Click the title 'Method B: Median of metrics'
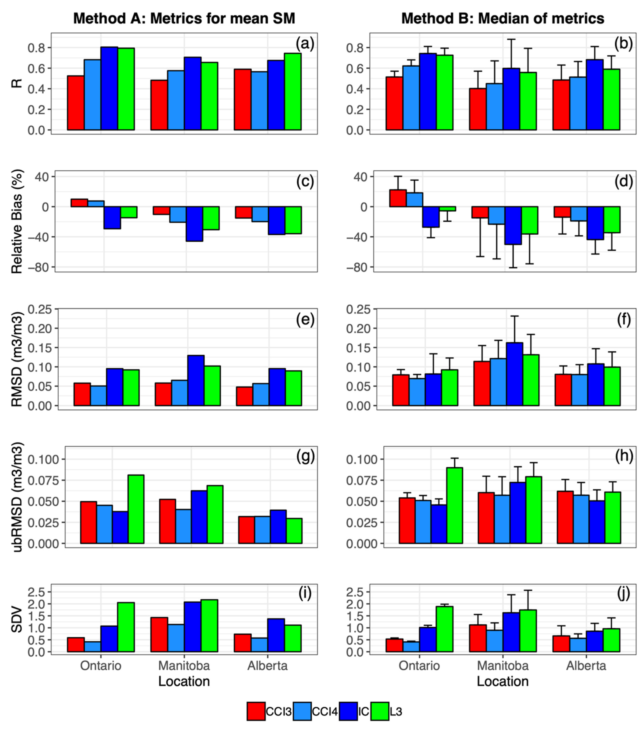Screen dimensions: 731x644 [x=503, y=19]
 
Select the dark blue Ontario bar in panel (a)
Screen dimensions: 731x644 [x=109, y=88]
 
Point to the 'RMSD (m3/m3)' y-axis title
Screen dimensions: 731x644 [x=17, y=359]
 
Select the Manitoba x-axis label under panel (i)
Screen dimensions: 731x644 [x=184, y=666]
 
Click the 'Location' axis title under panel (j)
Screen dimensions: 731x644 [x=503, y=681]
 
